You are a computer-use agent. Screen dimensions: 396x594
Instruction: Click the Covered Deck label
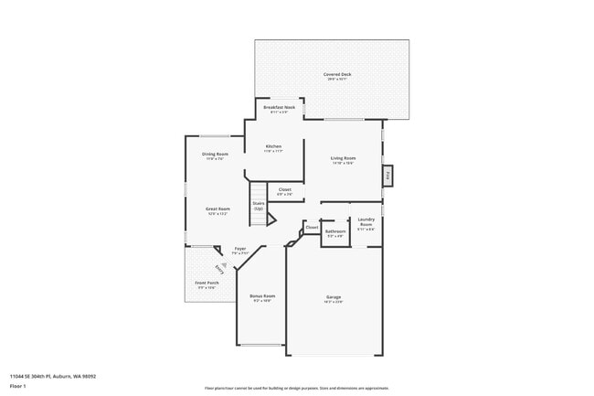coord(331,74)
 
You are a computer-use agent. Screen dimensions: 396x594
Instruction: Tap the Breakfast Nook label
coord(279,108)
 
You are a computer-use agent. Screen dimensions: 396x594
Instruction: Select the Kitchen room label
coord(273,147)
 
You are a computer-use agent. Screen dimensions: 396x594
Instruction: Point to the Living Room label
coord(343,159)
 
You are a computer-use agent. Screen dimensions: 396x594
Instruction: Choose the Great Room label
coord(217,209)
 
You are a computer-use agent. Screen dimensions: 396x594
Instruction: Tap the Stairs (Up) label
coord(259,206)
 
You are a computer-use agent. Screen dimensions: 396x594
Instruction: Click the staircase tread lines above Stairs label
coord(259,190)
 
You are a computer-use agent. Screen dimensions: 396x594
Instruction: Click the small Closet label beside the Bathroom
coord(312,227)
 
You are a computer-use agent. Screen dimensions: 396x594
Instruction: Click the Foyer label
coord(240,249)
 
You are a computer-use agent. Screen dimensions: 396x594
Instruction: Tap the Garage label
coord(334,297)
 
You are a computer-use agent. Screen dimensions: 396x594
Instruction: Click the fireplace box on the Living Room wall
coord(387,176)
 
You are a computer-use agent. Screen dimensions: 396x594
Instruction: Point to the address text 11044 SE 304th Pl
coord(53,376)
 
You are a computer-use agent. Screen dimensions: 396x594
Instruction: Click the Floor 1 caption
coord(17,386)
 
